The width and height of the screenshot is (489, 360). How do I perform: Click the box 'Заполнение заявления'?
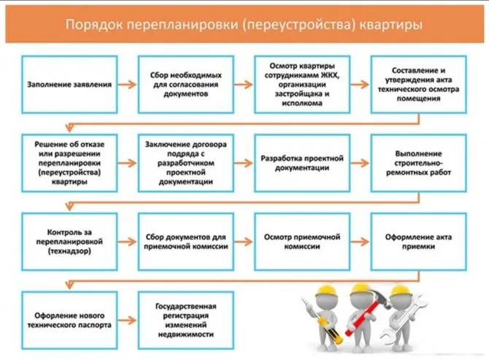[x=69, y=85]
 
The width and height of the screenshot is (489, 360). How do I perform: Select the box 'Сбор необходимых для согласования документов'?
[x=186, y=85]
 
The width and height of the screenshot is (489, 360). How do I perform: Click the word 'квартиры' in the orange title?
[x=390, y=25]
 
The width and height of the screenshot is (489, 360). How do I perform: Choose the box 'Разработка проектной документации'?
[x=302, y=163]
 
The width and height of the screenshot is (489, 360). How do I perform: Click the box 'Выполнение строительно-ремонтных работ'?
[x=418, y=163]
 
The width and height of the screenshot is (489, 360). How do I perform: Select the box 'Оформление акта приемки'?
[x=418, y=242]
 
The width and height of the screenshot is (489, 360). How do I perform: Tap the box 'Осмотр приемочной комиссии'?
[x=302, y=242]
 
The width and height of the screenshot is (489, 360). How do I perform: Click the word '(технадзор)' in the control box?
[x=69, y=251]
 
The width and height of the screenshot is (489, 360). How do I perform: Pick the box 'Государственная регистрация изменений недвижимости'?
[x=186, y=321]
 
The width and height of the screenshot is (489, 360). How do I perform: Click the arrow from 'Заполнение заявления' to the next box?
[x=127, y=85]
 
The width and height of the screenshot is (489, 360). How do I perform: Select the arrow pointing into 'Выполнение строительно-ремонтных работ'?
[x=360, y=163]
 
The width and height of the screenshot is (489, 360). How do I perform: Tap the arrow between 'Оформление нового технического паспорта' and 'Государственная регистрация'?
[x=127, y=321]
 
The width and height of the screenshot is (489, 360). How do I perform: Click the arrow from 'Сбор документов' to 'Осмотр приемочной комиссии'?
[x=244, y=242]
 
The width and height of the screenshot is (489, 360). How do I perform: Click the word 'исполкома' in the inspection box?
[x=302, y=103]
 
